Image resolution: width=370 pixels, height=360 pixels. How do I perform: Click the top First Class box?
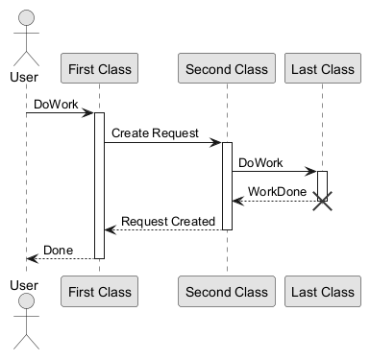click(x=99, y=68)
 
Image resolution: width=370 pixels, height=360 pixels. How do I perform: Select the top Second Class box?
click(x=227, y=68)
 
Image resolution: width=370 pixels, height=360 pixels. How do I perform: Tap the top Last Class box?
click(x=323, y=68)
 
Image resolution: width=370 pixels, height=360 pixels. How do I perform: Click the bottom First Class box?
click(x=99, y=291)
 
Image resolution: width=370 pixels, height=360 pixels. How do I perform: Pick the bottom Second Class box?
click(x=227, y=291)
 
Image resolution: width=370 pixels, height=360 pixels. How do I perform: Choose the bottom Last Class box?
click(x=323, y=291)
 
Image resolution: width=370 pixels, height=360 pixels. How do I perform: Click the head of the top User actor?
click(x=26, y=17)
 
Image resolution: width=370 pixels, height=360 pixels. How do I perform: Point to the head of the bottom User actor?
click(x=26, y=301)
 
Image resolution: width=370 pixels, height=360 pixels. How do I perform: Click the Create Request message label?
click(x=155, y=133)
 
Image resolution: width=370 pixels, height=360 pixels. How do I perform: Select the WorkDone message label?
click(x=277, y=192)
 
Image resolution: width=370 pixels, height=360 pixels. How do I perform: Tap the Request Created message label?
click(x=168, y=221)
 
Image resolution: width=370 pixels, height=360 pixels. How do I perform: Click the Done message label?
click(x=58, y=251)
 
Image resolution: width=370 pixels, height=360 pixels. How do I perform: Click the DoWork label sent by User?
click(x=56, y=105)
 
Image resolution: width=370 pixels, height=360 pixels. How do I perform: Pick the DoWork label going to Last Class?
click(x=260, y=163)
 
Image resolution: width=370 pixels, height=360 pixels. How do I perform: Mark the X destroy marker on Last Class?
click(x=322, y=201)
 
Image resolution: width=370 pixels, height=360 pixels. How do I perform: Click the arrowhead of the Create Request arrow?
click(x=215, y=142)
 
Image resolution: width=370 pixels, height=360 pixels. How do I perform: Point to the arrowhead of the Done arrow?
click(x=33, y=258)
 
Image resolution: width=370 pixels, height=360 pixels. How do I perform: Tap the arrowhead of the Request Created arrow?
click(x=111, y=229)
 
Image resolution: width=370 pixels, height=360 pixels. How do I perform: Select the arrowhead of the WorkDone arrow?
click(x=238, y=201)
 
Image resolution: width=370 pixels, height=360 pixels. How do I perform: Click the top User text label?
click(x=24, y=77)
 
